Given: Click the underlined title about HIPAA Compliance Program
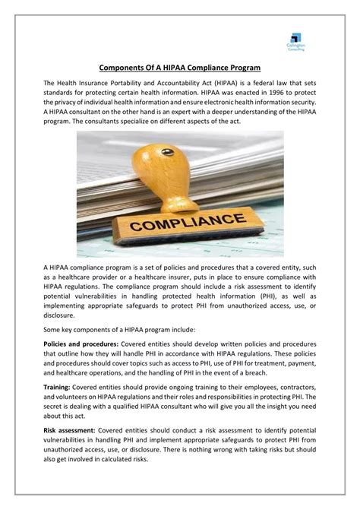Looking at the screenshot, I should click(180, 67).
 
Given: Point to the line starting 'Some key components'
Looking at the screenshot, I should click(118, 330).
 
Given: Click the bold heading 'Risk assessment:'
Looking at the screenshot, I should click(69, 430).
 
